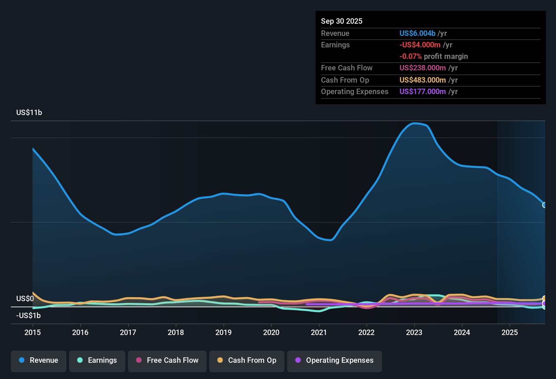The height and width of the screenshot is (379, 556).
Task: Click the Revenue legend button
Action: click(x=39, y=360)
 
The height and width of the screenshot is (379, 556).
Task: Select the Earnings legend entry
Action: click(x=97, y=360)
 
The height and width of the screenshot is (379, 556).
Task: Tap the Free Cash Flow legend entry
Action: click(x=167, y=360)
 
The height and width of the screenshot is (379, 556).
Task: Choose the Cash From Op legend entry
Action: click(x=247, y=360)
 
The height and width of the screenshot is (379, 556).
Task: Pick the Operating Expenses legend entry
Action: click(x=335, y=360)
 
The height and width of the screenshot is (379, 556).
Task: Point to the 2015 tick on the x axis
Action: click(x=33, y=332)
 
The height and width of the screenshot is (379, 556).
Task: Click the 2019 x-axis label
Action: click(x=223, y=332)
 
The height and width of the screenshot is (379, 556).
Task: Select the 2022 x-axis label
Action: click(x=366, y=332)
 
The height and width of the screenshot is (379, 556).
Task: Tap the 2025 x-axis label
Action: click(x=510, y=332)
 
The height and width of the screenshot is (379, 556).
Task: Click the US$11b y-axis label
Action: click(x=29, y=113)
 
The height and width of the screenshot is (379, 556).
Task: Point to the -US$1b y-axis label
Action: click(x=28, y=316)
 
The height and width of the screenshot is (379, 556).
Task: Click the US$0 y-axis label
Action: click(x=25, y=299)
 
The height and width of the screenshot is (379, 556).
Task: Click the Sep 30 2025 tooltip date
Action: click(x=342, y=21)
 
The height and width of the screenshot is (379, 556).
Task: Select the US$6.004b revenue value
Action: click(x=417, y=34)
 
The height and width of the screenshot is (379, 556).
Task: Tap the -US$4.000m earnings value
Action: click(x=420, y=45)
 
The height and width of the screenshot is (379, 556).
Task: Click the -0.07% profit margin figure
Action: click(x=410, y=57)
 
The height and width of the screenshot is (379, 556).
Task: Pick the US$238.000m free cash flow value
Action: click(x=423, y=68)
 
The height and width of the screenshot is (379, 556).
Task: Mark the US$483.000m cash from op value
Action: click(x=423, y=80)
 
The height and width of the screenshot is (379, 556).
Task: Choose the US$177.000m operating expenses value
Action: click(x=423, y=92)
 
